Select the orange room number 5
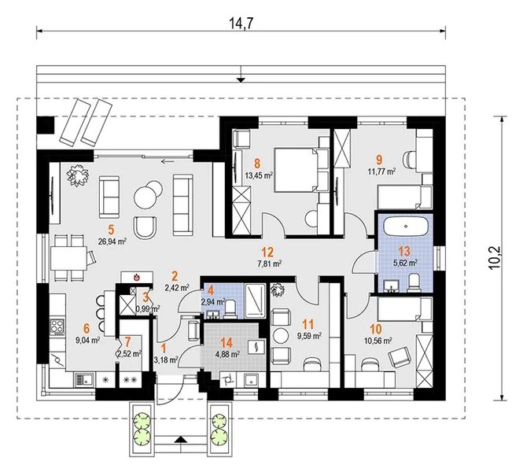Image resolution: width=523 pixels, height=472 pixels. tap(111, 229)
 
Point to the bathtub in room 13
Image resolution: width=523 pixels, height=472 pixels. tap(406, 226)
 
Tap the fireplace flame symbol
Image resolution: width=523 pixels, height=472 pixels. tap(136, 277)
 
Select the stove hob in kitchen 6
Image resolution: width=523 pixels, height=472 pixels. tap(57, 327)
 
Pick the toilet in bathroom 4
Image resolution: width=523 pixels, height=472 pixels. tap(231, 308)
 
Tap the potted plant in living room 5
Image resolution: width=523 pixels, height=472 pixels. tap(77, 175)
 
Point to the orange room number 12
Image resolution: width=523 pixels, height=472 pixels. tap(267, 253)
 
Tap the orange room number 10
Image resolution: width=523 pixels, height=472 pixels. tap(376, 330)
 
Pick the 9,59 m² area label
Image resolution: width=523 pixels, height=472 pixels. tap(309, 336)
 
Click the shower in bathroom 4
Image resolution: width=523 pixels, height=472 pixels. tap(255, 299)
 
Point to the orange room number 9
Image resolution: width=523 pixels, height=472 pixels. tap(379, 160)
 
